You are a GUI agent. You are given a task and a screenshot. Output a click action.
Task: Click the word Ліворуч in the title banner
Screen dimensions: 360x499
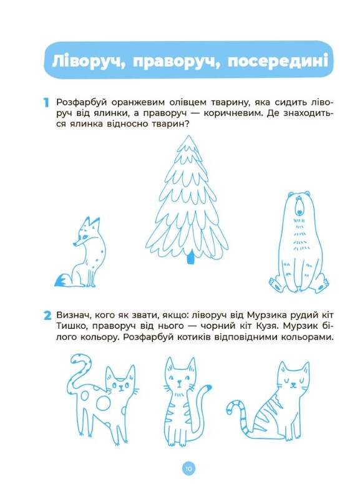pos(87,61)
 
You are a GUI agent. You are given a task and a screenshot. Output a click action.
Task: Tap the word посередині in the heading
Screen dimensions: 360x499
pos(278,61)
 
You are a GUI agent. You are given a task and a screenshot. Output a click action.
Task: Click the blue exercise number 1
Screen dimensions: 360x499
pos(46,103)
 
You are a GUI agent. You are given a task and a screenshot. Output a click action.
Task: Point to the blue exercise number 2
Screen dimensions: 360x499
pos(47,316)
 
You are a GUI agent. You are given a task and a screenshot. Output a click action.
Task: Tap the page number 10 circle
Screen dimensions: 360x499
pos(188,468)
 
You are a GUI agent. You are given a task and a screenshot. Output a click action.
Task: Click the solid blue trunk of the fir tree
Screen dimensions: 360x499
pos(190,257)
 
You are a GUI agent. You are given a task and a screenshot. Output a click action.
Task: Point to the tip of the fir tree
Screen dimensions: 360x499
pos(188,136)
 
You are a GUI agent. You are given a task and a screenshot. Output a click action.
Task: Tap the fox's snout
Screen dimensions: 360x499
pos(75,244)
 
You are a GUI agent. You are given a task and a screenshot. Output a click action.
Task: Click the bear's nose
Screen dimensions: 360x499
pos(299,211)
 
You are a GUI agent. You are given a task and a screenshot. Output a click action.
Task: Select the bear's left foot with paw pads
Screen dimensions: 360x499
pos(276,284)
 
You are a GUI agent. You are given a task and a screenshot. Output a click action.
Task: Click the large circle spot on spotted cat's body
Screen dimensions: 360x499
pos(104,404)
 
